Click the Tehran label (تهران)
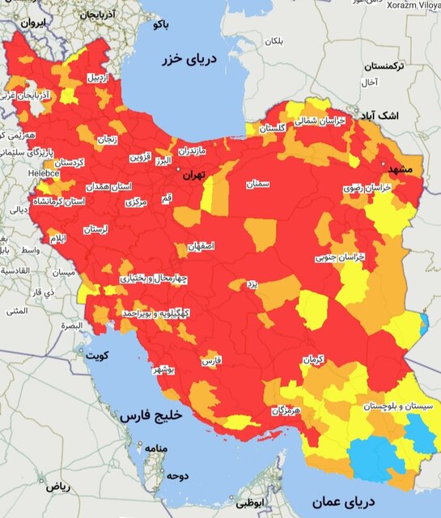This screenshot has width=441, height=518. [194, 174]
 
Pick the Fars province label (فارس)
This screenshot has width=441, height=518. [211, 359]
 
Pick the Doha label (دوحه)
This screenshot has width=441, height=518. [176, 475]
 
